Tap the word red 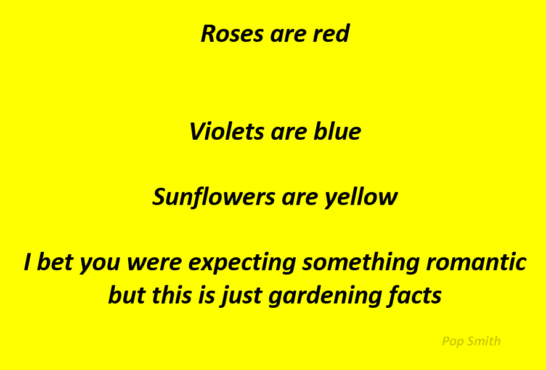pos(331,33)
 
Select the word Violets pos(226,132)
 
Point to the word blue pos(337,132)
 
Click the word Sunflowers pos(213,197)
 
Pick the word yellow pos(361,198)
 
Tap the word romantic pos(476,262)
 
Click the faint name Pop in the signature pos(452,342)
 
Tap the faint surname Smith pos(483,341)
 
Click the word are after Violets pos(288,134)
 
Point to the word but pos(127,295)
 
